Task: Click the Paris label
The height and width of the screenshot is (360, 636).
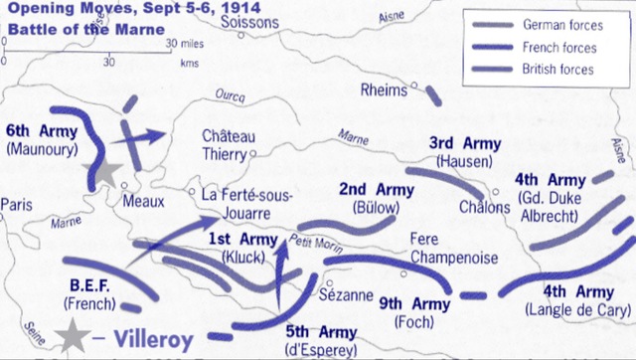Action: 17,204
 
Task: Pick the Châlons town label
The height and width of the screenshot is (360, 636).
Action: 485,207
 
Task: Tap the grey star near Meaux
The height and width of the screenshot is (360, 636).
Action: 106,170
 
